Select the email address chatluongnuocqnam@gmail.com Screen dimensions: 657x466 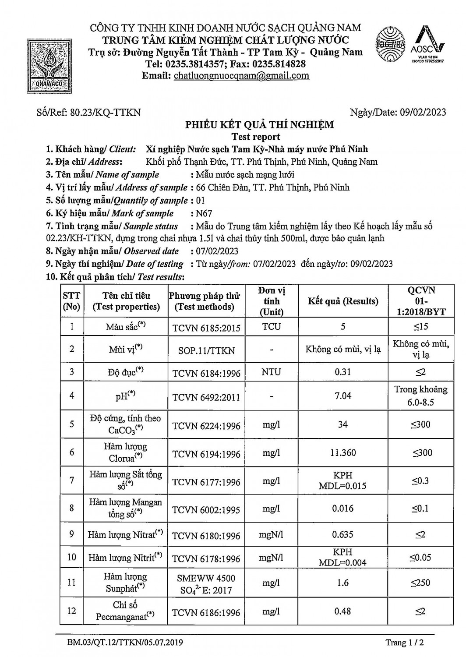[241, 75]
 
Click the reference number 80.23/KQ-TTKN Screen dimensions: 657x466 [105, 112]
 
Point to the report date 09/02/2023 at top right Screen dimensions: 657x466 [423, 112]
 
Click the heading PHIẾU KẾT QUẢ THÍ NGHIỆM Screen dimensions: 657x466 [259, 125]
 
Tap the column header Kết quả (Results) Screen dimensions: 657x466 [343, 301]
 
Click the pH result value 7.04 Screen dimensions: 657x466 [343, 396]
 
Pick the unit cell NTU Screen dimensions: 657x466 [271, 372]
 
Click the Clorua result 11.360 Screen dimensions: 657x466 [343, 452]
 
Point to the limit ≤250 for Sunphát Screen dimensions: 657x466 [420, 583]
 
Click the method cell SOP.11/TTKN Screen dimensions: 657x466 [206, 350]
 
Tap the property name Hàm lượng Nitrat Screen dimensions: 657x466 [125, 534]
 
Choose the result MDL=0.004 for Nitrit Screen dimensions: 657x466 [343, 563]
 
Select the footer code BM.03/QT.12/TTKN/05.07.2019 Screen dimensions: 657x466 [125, 643]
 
